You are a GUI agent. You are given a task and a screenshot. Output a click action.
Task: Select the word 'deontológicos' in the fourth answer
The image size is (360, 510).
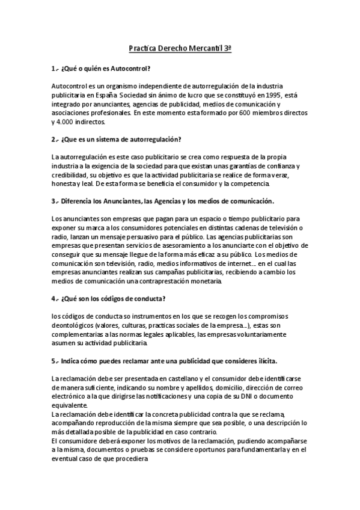(x=73, y=325)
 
